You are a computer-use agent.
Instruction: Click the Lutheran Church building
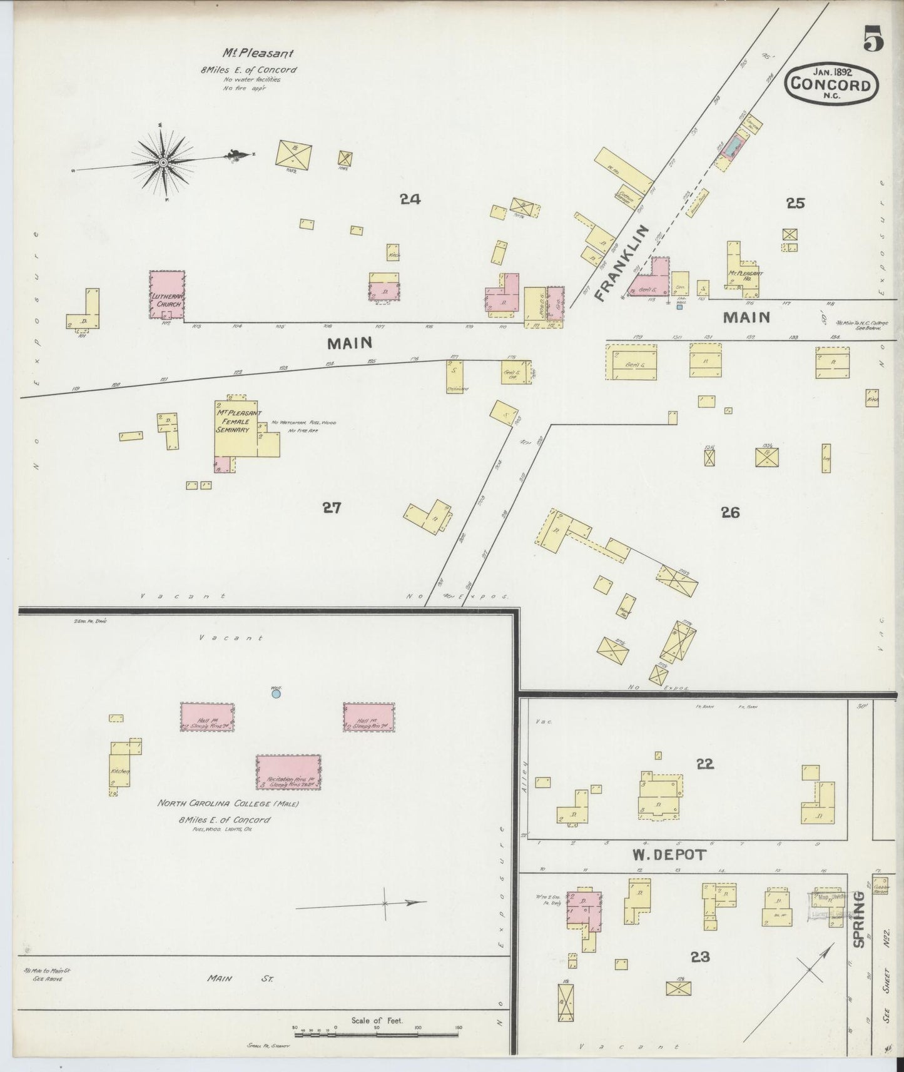tap(167, 295)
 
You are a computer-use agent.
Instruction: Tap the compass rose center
tap(163, 162)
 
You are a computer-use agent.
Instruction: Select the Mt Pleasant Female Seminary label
tap(238, 421)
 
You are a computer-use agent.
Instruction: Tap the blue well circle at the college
tap(276, 694)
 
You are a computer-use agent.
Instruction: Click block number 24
tap(410, 200)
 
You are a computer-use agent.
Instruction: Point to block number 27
tap(332, 508)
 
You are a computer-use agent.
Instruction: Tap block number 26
tap(729, 513)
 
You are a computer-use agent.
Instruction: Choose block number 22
tap(704, 764)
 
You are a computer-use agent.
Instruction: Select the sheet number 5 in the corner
tap(873, 41)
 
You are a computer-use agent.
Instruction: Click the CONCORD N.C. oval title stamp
tap(831, 84)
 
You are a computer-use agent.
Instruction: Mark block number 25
tap(796, 203)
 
